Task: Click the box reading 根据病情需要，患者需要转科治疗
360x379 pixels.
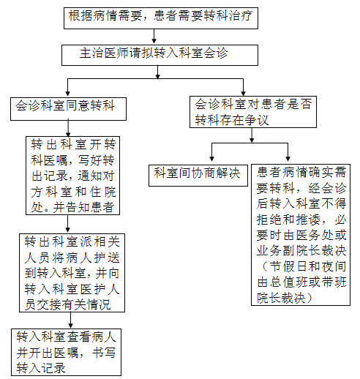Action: pyautogui.click(x=161, y=18)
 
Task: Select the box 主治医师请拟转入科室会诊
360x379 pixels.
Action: pyautogui.click(x=160, y=55)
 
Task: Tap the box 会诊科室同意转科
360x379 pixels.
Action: pyautogui.click(x=68, y=109)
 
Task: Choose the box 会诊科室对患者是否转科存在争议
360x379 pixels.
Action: pyautogui.click(x=253, y=112)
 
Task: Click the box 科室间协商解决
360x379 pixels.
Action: pyautogui.click(x=198, y=176)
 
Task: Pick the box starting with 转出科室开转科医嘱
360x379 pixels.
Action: pyautogui.click(x=72, y=176)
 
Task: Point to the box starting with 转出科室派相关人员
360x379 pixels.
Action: pyautogui.click(x=72, y=273)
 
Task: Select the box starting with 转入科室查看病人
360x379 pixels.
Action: pyautogui.click(x=66, y=352)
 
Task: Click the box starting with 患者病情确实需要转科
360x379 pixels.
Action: pyautogui.click(x=301, y=235)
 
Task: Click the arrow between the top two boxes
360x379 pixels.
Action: pyautogui.click(x=154, y=37)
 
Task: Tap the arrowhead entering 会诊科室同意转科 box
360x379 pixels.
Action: pyautogui.click(x=68, y=94)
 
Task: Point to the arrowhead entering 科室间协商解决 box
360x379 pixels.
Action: pyautogui.click(x=211, y=158)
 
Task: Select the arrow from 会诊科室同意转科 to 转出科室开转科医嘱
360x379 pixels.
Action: pyautogui.click(x=68, y=128)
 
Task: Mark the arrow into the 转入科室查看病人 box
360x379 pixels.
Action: pyautogui.click(x=70, y=320)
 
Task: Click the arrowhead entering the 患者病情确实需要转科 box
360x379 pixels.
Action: pyautogui.click(x=288, y=158)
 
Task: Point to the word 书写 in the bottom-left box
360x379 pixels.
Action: pyautogui.click(x=104, y=353)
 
